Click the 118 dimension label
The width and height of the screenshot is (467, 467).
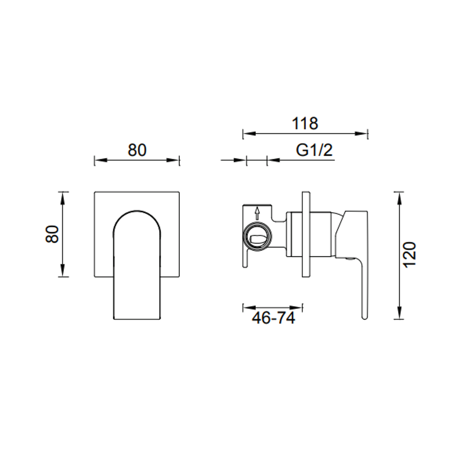coord(305,124)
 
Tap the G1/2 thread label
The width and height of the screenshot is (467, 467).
coord(314,150)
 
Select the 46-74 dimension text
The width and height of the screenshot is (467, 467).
coord(273,318)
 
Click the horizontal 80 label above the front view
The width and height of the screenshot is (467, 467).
coord(137,150)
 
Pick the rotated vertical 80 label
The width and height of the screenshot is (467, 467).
coord(53,234)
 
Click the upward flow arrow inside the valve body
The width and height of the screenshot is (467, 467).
coord(257,213)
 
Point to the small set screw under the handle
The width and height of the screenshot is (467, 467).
coord(349,260)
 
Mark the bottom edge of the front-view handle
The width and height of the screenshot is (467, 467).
coord(137,319)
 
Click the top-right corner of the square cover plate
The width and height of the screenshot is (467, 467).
coord(179,192)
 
